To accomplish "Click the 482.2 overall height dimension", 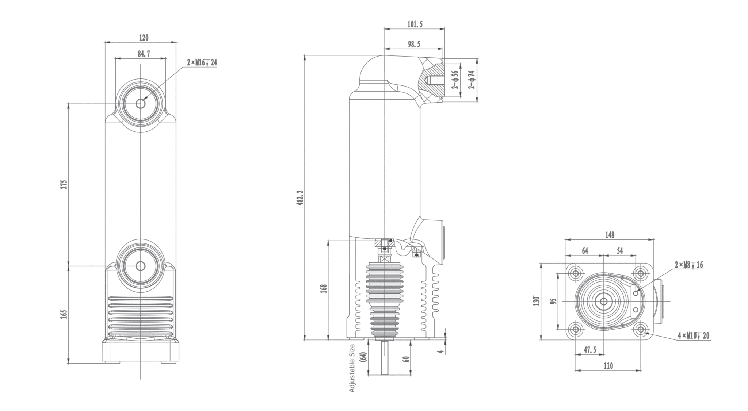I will pyautogui.click(x=300, y=197).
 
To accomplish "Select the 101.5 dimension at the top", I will pyautogui.click(x=415, y=24).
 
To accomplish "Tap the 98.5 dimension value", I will pyautogui.click(x=414, y=44).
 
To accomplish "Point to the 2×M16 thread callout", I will pyautogui.click(x=202, y=63).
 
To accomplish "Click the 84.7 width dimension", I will pyautogui.click(x=144, y=54).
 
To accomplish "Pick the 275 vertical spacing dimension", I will pyautogui.click(x=64, y=184).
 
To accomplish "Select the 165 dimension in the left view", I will pyautogui.click(x=64, y=314).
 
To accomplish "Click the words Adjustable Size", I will pyautogui.click(x=352, y=368).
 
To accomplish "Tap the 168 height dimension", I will pyautogui.click(x=324, y=289).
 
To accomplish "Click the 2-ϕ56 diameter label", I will pyautogui.click(x=455, y=80).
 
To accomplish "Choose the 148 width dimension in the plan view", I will pyautogui.click(x=609, y=235).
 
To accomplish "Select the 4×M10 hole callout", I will pyautogui.click(x=693, y=335).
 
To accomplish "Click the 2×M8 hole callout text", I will pyautogui.click(x=688, y=265).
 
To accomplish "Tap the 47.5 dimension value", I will pyautogui.click(x=589, y=350).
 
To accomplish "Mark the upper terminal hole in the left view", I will pyautogui.click(x=141, y=104).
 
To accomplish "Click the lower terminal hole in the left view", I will pyautogui.click(x=141, y=266).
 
